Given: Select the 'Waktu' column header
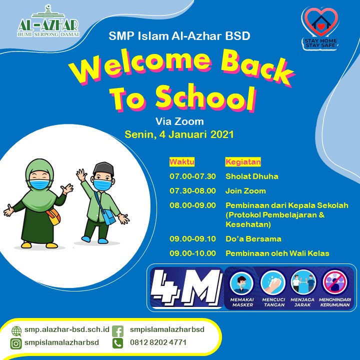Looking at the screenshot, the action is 182,162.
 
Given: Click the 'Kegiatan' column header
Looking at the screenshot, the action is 243,162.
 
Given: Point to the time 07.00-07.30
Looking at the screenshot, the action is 192,176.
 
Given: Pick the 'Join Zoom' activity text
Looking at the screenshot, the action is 245,191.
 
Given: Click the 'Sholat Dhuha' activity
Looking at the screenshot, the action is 252,176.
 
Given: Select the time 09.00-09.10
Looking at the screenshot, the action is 192,239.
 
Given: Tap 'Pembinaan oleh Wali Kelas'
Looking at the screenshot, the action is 277,253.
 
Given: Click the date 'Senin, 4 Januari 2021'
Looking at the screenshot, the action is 179,134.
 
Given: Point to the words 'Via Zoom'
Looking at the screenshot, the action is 179,121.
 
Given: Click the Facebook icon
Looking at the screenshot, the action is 118,331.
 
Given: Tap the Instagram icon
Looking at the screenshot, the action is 16,343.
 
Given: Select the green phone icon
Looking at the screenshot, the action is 118,343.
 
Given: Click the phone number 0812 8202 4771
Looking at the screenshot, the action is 158,342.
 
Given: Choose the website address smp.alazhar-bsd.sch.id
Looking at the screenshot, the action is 67,329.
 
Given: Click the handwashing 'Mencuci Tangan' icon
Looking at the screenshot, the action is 273,282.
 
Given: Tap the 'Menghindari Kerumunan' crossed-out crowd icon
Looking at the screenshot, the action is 334,282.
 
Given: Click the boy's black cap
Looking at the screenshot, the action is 103,168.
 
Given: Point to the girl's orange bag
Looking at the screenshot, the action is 53,216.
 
